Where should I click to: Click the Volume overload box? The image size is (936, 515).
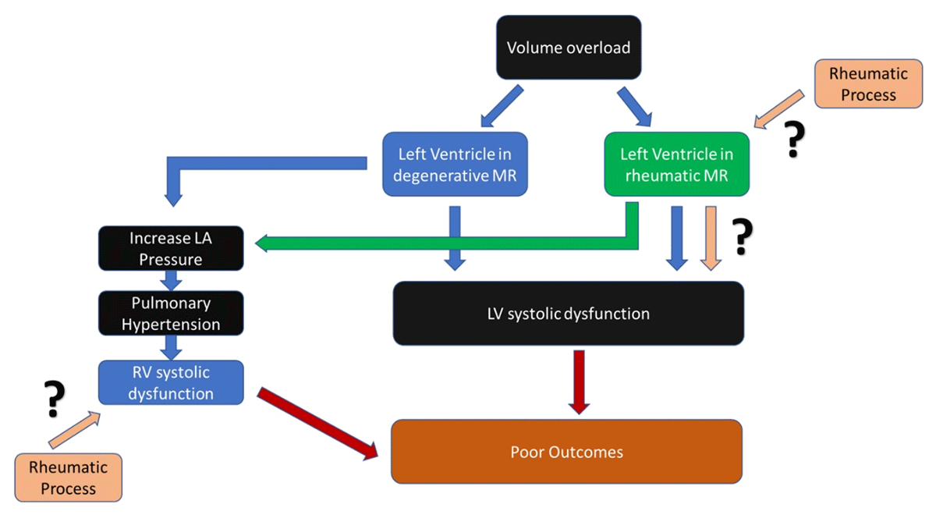pyautogui.click(x=568, y=48)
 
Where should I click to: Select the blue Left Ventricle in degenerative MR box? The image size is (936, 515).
pyautogui.click(x=455, y=164)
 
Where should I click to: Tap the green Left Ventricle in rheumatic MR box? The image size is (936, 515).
pyautogui.click(x=676, y=164)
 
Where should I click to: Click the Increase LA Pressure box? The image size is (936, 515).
pyautogui.click(x=171, y=248)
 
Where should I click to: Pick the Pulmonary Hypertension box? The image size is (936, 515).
pyautogui.click(x=171, y=314)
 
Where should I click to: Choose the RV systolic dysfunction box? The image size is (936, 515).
pyautogui.click(x=171, y=382)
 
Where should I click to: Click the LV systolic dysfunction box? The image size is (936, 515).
pyautogui.click(x=568, y=314)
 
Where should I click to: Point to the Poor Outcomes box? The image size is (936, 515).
pyautogui.click(x=566, y=452)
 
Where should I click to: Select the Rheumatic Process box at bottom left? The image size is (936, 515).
pyautogui.click(x=68, y=478)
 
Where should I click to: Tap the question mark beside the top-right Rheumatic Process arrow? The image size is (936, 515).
pyautogui.click(x=793, y=140)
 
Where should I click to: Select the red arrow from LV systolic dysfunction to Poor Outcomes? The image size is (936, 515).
pyautogui.click(x=578, y=382)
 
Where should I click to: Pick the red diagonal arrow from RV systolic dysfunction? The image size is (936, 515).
pyautogui.click(x=320, y=421)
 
